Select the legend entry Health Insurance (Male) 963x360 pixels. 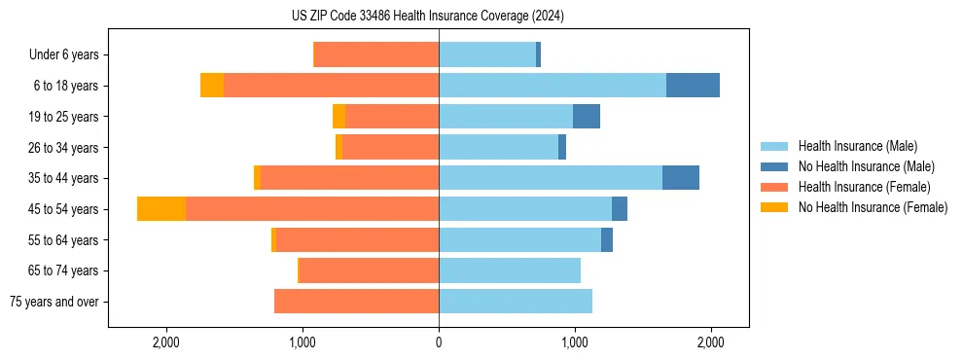857,146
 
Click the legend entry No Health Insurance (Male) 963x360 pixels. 866,166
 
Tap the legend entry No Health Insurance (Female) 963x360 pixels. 873,207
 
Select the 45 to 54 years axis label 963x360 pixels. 65,209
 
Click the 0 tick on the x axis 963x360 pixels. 439,342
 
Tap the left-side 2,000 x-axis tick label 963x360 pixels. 166,342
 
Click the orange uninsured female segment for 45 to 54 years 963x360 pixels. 161,209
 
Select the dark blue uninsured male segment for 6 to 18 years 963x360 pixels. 693,86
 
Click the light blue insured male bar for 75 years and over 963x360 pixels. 516,302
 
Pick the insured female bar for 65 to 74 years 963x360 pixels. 369,270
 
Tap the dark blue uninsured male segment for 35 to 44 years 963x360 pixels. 681,178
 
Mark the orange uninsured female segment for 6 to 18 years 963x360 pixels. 212,86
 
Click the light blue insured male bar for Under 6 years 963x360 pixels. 487,55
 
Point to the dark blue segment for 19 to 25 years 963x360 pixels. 587,117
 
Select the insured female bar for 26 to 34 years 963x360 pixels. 390,147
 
